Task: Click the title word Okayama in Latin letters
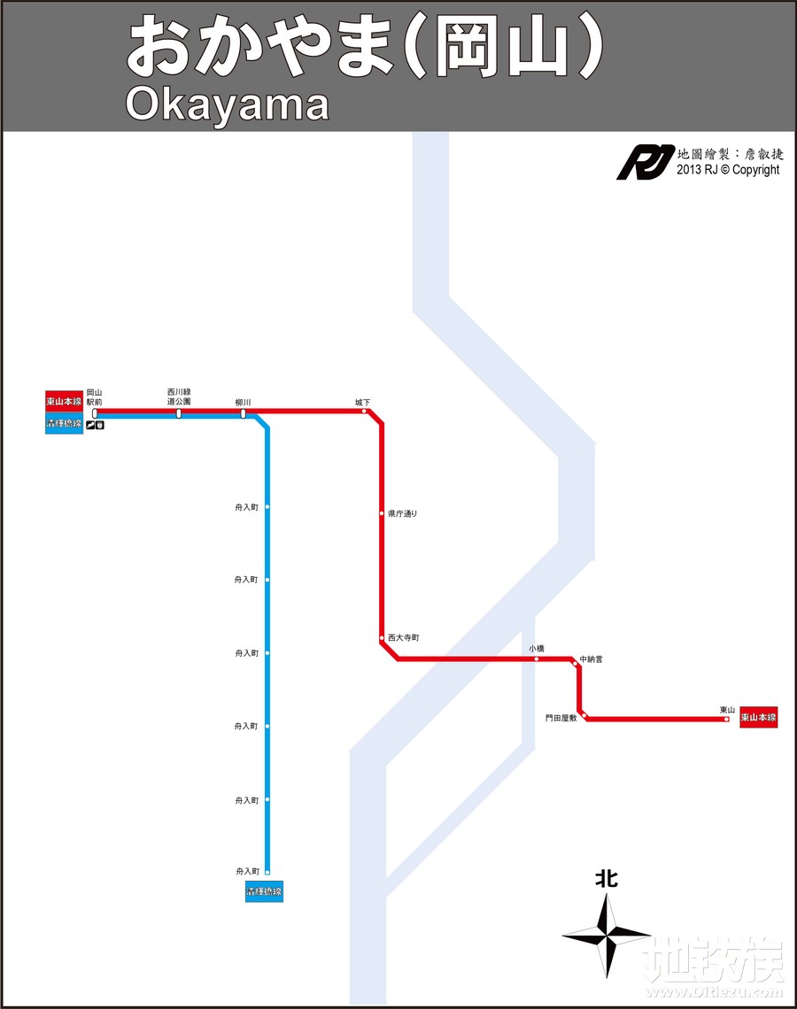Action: tap(227, 104)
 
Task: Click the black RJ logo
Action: tap(645, 163)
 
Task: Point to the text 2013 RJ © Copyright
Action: tap(728, 170)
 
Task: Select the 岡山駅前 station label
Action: tap(95, 397)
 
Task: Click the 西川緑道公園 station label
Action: tap(179, 397)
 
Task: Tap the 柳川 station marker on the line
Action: tap(244, 413)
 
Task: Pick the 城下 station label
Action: tap(362, 402)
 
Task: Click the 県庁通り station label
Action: tap(402, 513)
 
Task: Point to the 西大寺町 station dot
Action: tap(382, 637)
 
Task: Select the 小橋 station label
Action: tap(537, 648)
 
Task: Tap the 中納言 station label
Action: tap(591, 659)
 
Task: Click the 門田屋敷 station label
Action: tap(561, 718)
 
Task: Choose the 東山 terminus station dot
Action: tap(726, 720)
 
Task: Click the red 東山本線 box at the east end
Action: tap(758, 718)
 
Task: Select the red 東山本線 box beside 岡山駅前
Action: tap(64, 402)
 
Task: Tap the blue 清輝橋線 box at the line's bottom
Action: tap(264, 892)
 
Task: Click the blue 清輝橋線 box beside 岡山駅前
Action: tap(64, 423)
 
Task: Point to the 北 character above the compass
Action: tap(607, 879)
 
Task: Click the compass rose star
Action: tap(607, 935)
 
